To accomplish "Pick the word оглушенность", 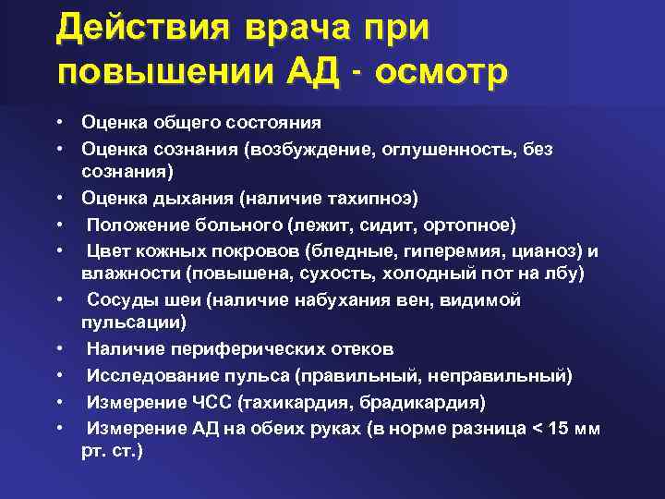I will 442,149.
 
